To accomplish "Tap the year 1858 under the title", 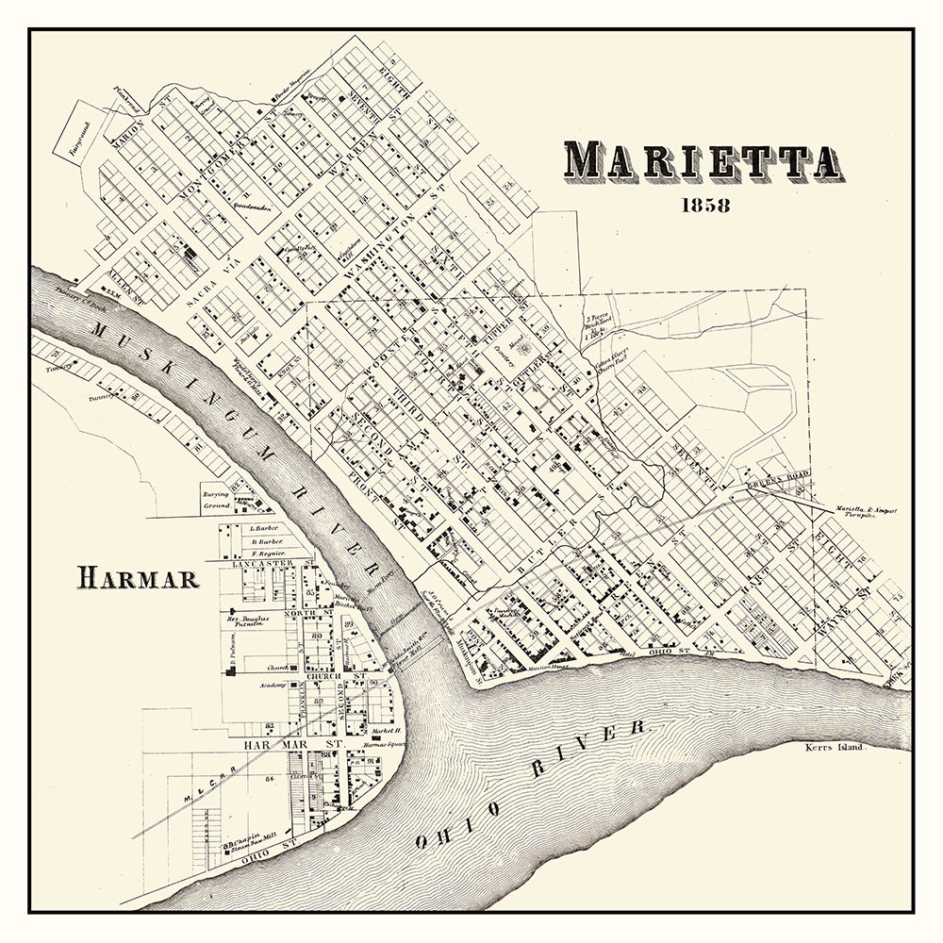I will (x=702, y=207).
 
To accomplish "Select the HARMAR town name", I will (x=139, y=577).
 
